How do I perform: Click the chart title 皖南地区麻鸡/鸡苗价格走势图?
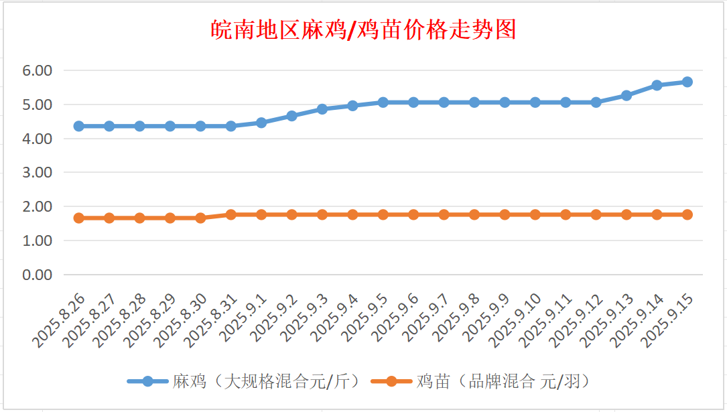coord(363,30)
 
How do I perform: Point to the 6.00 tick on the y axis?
coord(37,70)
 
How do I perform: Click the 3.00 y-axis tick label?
coord(37,172)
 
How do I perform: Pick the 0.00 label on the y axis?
coord(37,275)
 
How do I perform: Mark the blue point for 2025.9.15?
coord(687,82)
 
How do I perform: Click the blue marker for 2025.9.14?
coord(657,85)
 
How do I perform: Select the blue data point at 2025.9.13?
coord(626,96)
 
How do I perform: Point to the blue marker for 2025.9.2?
coord(291,116)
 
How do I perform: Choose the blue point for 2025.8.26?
coord(79,126)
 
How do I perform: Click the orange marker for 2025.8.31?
coord(231,214)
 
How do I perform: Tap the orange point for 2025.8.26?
coord(79,218)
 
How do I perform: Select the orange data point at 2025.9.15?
coord(687,214)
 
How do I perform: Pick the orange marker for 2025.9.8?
coord(474,214)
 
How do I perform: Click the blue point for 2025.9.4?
coord(352,106)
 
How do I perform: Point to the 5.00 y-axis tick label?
coord(37,105)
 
